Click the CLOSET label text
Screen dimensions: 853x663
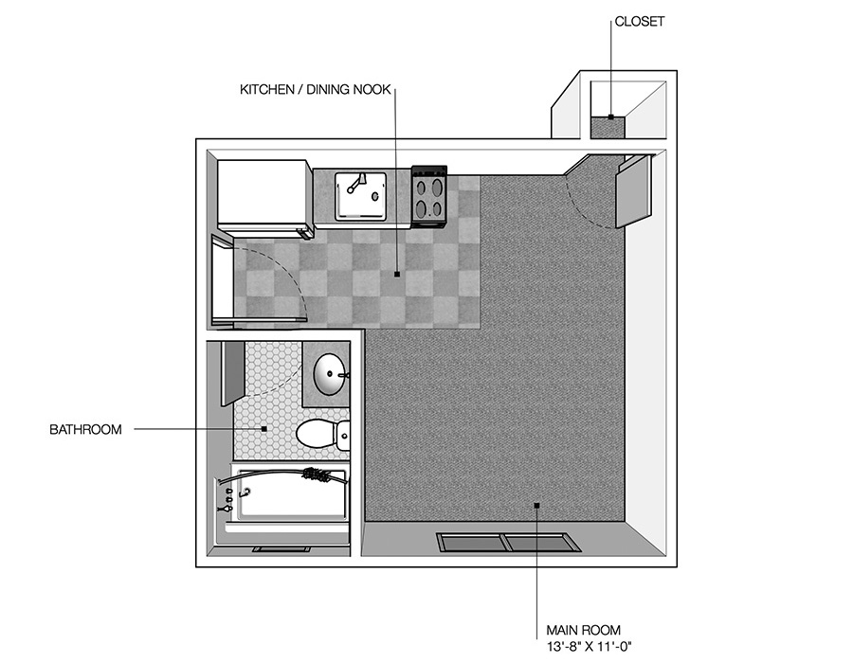click(x=639, y=22)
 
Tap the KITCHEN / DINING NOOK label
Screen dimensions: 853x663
click(x=316, y=90)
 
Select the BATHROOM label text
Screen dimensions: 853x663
click(x=85, y=430)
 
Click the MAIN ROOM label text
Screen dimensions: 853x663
click(x=583, y=631)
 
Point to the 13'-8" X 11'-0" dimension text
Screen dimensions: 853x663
click(x=590, y=647)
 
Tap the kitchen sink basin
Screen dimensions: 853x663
click(x=360, y=196)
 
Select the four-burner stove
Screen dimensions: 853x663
click(x=429, y=196)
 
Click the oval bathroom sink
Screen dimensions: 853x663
click(x=330, y=374)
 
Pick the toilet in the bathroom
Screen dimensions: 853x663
click(x=322, y=434)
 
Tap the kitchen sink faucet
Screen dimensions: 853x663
click(x=355, y=183)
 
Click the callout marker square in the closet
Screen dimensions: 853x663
click(x=611, y=116)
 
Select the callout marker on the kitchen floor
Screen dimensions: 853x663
click(x=397, y=274)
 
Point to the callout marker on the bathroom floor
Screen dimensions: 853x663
click(x=264, y=429)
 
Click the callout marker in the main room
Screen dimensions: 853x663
click(x=537, y=506)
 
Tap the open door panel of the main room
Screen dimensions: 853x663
click(x=634, y=191)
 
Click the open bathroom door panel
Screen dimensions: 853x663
click(x=233, y=373)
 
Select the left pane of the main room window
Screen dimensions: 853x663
click(x=470, y=542)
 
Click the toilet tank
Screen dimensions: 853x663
click(x=343, y=435)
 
